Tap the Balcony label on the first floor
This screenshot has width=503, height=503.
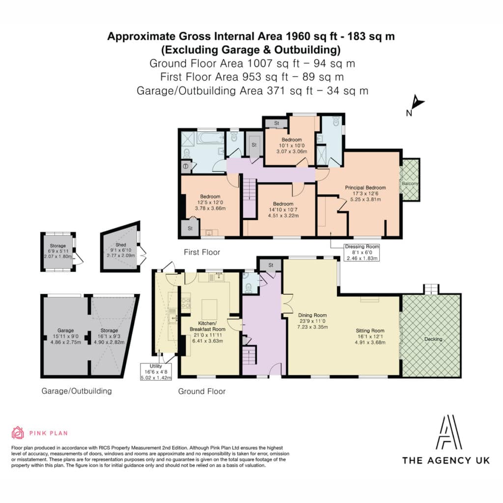click(410, 184)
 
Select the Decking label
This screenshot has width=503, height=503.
click(433, 339)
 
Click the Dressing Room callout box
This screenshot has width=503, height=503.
click(362, 252)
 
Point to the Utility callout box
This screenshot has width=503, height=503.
click(156, 372)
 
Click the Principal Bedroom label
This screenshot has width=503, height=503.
click(365, 194)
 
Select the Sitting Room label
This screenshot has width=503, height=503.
click(370, 336)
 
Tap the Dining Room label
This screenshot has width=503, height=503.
click(312, 321)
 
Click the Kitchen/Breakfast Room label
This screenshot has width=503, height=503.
click(208, 332)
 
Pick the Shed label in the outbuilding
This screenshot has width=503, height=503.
click(121, 250)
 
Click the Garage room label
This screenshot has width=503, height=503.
click(66, 336)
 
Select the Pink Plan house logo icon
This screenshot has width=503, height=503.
click(18, 433)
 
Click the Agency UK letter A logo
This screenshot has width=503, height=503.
click(449, 432)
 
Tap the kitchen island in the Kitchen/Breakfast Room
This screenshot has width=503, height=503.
click(209, 309)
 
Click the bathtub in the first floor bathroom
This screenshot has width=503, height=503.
click(211, 139)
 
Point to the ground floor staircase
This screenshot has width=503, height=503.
click(249, 356)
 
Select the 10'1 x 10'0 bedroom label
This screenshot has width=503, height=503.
click(292, 145)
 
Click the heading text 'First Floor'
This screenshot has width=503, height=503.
click(202, 252)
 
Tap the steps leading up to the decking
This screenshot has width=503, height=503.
click(431, 289)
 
